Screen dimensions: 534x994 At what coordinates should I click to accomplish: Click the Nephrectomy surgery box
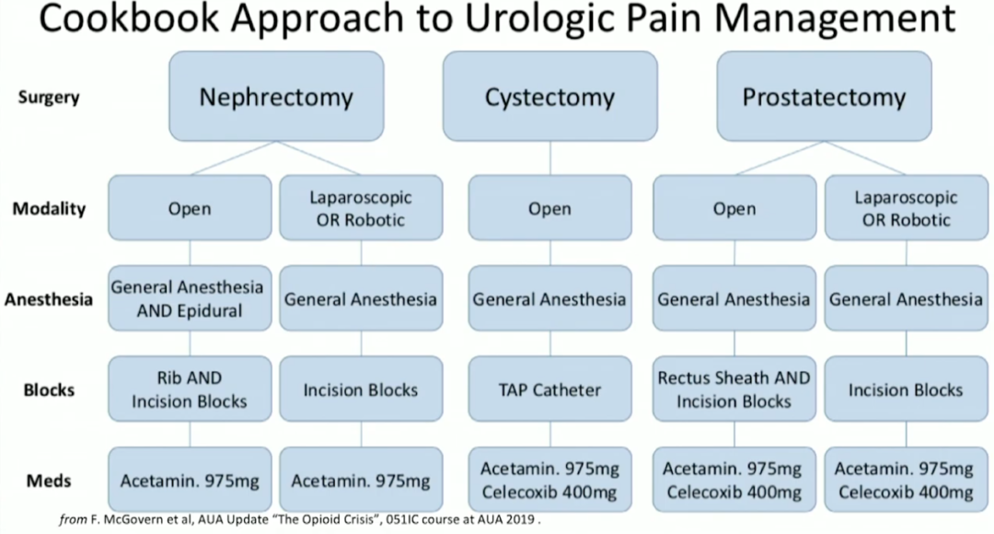coord(276,96)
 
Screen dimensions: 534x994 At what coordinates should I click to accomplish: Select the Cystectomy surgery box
coord(549,96)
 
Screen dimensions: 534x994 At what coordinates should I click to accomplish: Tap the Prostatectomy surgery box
coord(823,96)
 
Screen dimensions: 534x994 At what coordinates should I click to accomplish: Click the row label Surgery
coord(48,97)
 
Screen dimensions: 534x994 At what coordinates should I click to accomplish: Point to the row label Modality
coord(49,208)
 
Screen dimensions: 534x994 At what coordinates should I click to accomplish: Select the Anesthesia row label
coord(49,299)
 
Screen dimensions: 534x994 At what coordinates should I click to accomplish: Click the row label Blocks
coord(49,389)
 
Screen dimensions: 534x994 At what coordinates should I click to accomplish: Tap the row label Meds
coord(49,480)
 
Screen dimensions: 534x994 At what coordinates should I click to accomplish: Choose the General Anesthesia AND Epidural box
coord(190,298)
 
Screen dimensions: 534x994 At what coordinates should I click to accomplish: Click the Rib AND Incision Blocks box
coord(190,389)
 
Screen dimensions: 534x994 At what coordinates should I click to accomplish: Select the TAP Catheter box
coord(549,389)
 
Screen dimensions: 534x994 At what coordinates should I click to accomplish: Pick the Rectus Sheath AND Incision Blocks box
coord(734,389)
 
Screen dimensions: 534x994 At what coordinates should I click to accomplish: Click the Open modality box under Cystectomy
coord(549,208)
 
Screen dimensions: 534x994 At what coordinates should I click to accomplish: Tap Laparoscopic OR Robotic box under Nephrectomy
coord(361,208)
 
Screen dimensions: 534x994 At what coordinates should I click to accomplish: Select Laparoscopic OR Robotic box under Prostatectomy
coord(906,208)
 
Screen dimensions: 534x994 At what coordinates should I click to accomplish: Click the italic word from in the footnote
coord(72,520)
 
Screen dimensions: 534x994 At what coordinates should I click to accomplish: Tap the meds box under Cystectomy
coord(549,480)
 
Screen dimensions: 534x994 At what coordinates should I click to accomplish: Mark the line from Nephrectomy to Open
coord(230,158)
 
